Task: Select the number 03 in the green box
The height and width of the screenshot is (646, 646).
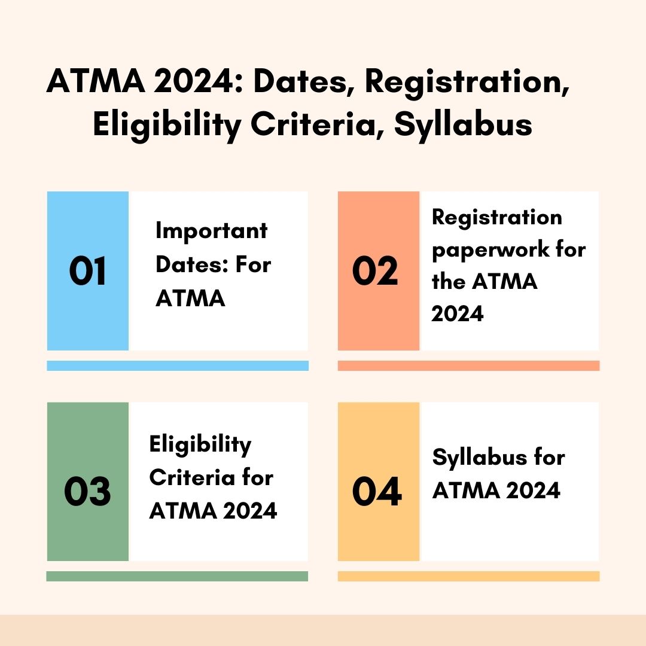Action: [x=87, y=491]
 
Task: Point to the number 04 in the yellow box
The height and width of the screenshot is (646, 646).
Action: [x=376, y=491]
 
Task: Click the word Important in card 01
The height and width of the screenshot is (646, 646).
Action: [x=211, y=231]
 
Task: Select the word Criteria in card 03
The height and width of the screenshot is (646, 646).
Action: [x=188, y=478]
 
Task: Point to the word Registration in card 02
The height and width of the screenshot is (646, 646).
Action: [x=497, y=217]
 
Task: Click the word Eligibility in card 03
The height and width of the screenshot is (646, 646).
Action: [x=200, y=444]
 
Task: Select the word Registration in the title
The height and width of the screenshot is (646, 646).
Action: [x=467, y=82]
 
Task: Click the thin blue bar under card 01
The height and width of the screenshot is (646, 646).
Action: [x=178, y=365]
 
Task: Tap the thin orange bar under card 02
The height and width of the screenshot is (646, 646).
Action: [x=468, y=365]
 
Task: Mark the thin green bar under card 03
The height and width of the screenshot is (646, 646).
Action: [x=177, y=576]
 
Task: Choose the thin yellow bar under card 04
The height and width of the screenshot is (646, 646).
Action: [x=468, y=576]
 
